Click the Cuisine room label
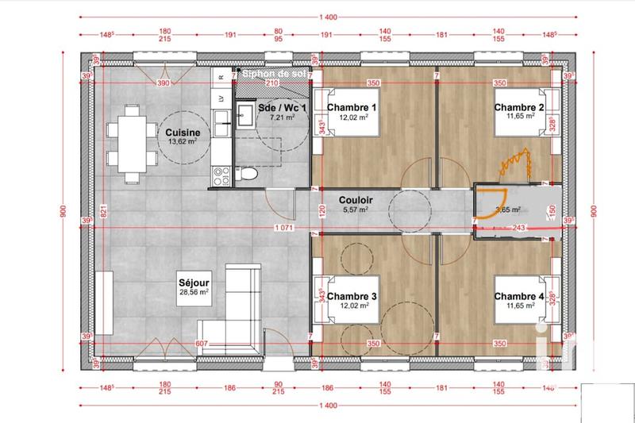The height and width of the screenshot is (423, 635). click(x=183, y=133)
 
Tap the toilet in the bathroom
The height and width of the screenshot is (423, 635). click(x=250, y=175)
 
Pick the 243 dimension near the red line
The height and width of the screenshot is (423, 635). click(x=518, y=229)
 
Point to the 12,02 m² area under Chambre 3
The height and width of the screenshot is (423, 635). click(x=352, y=306)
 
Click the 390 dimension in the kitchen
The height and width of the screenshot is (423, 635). click(x=163, y=83)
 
